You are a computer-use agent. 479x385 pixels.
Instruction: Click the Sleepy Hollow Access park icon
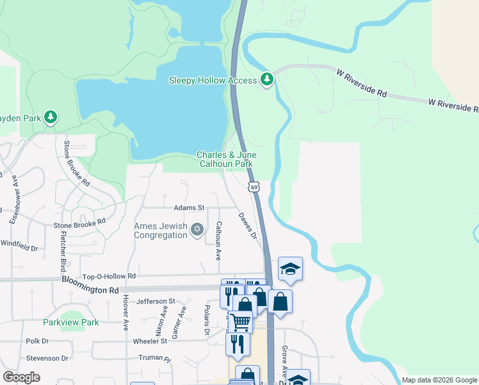coord(267,80)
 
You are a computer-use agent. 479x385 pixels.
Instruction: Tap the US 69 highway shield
coord(254,187)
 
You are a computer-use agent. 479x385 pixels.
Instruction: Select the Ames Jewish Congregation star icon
coord(197,229)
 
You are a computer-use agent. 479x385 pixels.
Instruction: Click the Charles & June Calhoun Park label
coord(226,159)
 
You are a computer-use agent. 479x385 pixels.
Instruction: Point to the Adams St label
coord(189,208)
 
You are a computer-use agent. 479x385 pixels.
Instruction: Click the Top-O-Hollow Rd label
coord(110,276)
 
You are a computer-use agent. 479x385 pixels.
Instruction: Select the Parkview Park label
coord(71,322)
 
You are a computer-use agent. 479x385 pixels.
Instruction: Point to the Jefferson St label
coord(156,301)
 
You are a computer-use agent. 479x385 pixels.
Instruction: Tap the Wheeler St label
coord(150,341)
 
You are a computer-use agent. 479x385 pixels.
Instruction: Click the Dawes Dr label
coord(248,226)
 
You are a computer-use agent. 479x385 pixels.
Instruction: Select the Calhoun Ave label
coord(219,241)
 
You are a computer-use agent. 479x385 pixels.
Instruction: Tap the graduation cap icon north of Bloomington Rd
coord(290,269)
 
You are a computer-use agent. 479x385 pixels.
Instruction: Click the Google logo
coord(21,377)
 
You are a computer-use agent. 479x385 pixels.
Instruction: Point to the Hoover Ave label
coord(126,312)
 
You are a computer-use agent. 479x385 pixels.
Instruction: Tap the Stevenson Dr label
coord(47,358)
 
